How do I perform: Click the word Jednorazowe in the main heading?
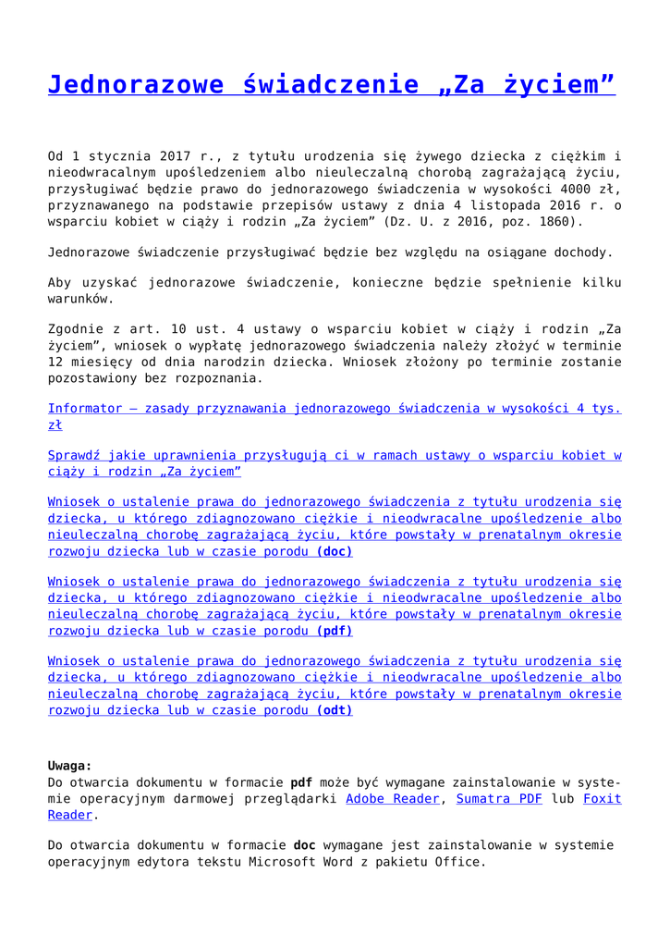[x=136, y=85]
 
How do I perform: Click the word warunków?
[x=82, y=299]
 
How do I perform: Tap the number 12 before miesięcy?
[x=55, y=363]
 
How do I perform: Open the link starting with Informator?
[x=335, y=408]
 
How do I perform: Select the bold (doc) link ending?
[x=335, y=551]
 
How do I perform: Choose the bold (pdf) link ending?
[x=335, y=631]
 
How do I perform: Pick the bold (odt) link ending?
[x=335, y=710]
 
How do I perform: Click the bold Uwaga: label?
[x=70, y=765]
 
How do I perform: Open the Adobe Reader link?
[x=392, y=798]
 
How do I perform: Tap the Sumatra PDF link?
[x=499, y=798]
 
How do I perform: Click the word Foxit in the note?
[x=602, y=798]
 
